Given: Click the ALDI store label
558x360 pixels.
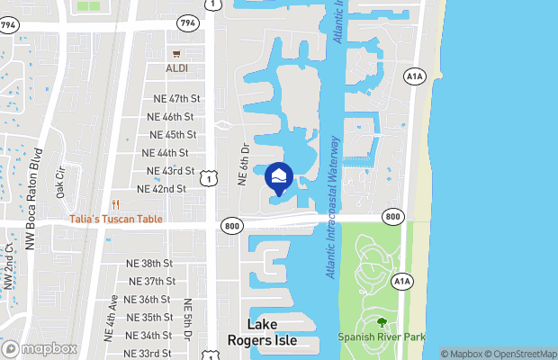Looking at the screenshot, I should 177,68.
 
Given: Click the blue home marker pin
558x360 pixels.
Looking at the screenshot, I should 280,175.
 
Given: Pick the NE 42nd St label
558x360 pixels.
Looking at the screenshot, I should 160,189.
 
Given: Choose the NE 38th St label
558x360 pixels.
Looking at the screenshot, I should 149,263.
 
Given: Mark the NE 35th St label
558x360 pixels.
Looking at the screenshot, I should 149,317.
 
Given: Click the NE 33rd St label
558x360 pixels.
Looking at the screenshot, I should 149,353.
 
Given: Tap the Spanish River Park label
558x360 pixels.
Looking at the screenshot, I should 382,337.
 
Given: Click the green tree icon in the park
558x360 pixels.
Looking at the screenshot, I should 382,322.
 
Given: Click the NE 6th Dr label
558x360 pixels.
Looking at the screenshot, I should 242,163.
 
